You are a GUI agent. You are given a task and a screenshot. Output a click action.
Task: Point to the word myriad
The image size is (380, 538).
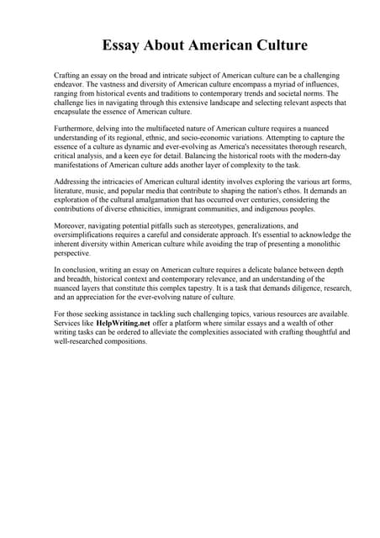(x=281, y=84)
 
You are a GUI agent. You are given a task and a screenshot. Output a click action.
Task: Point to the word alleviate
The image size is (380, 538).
(x=194, y=332)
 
